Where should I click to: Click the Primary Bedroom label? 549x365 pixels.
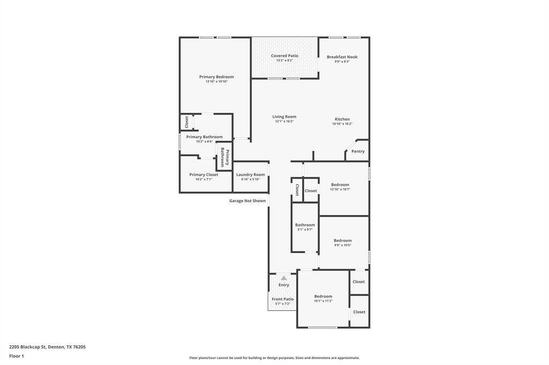click(x=217, y=77)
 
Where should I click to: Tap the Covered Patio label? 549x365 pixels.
click(x=284, y=56)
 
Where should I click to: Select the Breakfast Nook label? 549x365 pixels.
click(x=342, y=57)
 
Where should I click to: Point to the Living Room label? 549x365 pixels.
click(x=284, y=117)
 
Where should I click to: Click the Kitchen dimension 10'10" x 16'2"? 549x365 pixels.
click(x=342, y=124)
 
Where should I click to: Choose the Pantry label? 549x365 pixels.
click(x=358, y=151)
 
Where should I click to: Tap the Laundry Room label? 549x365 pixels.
click(x=250, y=174)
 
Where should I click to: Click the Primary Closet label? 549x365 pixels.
click(x=204, y=174)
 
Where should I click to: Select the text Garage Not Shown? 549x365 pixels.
click(x=248, y=201)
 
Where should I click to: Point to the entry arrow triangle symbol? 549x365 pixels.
click(x=284, y=278)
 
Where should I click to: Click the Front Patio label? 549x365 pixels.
click(x=283, y=299)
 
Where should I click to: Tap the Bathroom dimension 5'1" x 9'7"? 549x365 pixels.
click(x=305, y=230)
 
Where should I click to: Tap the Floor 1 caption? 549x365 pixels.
click(x=17, y=356)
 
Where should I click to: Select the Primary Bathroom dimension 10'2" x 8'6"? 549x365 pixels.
click(x=204, y=142)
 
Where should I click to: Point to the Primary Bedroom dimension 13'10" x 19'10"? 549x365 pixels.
click(x=217, y=81)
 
